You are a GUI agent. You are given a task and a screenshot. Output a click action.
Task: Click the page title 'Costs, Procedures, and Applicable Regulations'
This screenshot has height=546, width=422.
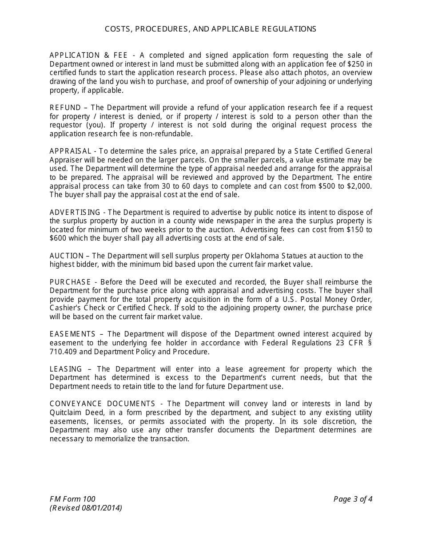pyautogui.click(x=211, y=29)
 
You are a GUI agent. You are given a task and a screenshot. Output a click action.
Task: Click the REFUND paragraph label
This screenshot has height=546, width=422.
pyautogui.click(x=65, y=108)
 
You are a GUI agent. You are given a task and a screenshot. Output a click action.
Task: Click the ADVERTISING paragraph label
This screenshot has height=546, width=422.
pyautogui.click(x=75, y=212)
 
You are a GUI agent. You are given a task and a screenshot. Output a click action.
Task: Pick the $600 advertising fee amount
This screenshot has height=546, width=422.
pyautogui.click(x=56, y=238)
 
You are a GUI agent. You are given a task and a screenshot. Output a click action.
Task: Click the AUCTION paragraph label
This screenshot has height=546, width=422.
pyautogui.click(x=66, y=256)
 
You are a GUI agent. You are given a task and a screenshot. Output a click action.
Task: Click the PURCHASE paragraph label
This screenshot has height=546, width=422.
pyautogui.click(x=70, y=282)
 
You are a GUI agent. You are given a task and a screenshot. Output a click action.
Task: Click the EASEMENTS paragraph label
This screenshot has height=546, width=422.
pyautogui.click(x=72, y=334)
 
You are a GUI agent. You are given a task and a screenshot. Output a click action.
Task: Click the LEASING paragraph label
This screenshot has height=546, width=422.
pyautogui.click(x=66, y=369)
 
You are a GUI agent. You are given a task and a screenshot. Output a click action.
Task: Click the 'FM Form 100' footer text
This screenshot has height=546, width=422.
pyautogui.click(x=72, y=499)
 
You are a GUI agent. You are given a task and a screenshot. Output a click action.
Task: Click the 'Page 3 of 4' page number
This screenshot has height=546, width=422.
pyautogui.click(x=353, y=499)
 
